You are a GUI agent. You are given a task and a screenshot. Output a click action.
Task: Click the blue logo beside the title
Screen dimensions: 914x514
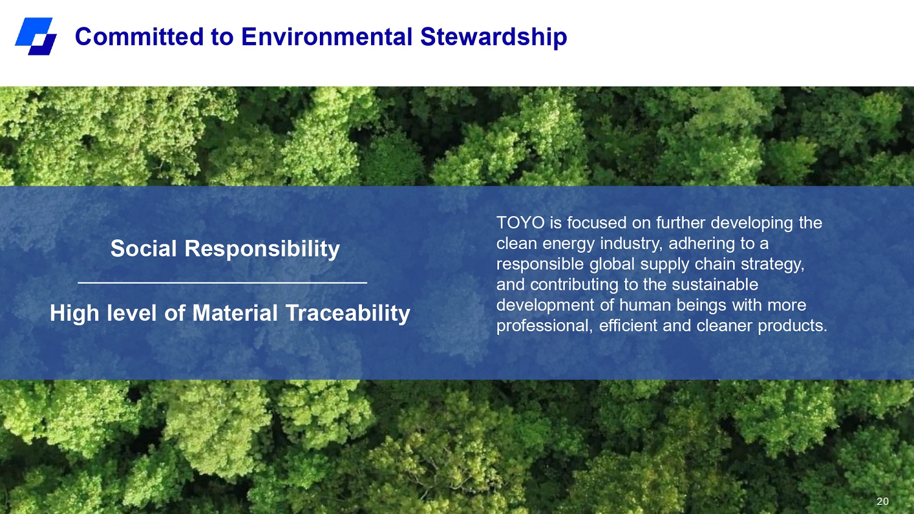pos(36,37)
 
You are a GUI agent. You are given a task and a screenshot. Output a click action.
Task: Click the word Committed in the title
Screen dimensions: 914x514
pos(139,37)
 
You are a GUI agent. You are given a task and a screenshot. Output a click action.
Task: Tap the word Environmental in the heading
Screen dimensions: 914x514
pos(327,37)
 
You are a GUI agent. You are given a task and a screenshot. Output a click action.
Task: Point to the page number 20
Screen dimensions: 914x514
pos(882,501)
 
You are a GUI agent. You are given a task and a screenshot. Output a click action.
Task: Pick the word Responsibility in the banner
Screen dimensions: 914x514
pos(262,249)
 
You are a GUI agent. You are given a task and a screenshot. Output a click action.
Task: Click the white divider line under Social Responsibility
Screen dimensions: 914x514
pos(222,283)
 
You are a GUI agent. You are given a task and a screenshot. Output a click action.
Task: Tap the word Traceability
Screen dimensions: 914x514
pos(348,314)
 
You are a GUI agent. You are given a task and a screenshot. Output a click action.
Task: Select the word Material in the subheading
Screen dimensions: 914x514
pos(235,313)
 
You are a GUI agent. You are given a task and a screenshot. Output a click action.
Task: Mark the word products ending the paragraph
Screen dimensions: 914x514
pos(792,326)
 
